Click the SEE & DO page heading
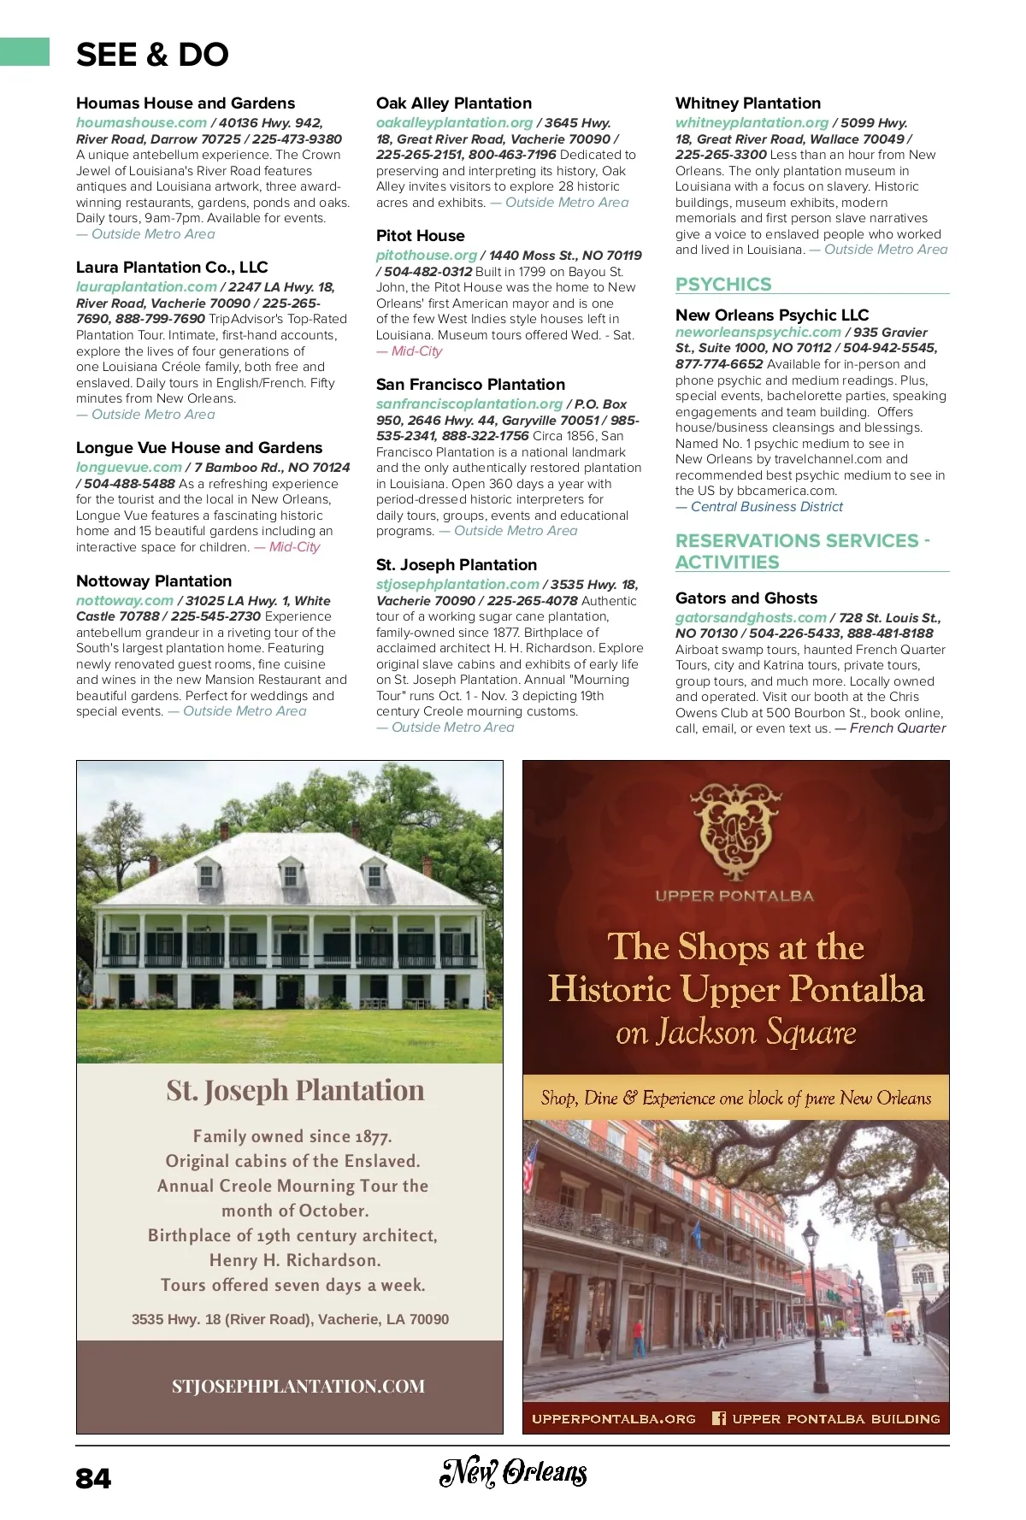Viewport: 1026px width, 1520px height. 152,55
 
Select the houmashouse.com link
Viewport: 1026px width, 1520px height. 141,122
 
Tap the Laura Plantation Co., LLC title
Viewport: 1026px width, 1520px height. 172,267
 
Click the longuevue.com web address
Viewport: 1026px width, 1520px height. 129,467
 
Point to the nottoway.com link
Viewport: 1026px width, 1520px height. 125,600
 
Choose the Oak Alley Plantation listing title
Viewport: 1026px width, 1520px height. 454,103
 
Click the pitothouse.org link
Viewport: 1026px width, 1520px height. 427,255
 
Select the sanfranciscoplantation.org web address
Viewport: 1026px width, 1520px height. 469,404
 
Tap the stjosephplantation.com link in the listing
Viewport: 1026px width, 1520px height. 457,584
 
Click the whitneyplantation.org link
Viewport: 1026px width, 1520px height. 752,122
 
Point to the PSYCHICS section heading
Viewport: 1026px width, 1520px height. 723,284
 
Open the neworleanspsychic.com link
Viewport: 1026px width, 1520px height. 758,332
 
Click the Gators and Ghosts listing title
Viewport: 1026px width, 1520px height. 746,598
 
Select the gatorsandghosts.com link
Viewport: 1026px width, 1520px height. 751,617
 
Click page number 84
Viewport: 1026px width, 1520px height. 93,1478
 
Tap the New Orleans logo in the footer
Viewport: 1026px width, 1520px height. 513,1471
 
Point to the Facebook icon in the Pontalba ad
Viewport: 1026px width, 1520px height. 719,1418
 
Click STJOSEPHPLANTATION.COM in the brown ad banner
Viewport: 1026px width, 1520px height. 298,1386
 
